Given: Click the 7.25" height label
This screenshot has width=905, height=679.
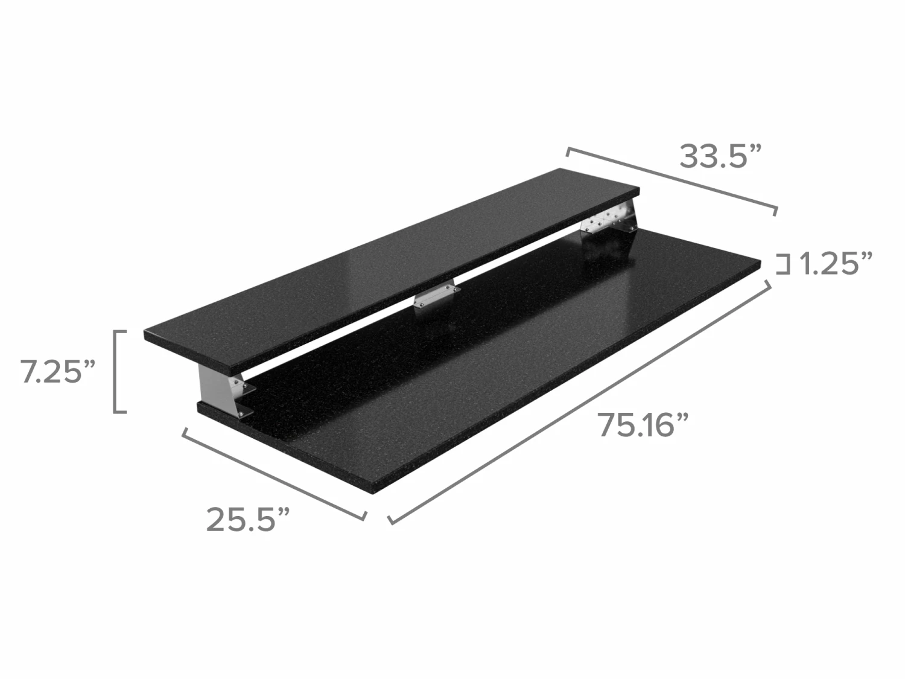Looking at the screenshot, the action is pyautogui.click(x=58, y=371).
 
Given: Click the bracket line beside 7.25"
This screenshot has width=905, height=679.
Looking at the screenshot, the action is pyautogui.click(x=115, y=371).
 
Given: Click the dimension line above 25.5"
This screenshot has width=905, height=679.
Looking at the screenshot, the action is pyautogui.click(x=274, y=473).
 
